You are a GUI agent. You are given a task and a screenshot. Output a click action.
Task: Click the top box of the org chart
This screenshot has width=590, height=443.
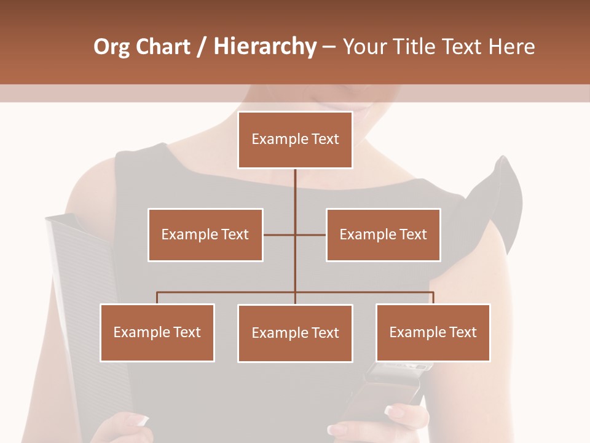pyautogui.click(x=295, y=140)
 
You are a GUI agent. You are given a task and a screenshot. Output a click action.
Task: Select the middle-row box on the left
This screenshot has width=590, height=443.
pyautogui.click(x=205, y=234)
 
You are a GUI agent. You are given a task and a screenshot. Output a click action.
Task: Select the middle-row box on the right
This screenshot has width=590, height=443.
pyautogui.click(x=383, y=234)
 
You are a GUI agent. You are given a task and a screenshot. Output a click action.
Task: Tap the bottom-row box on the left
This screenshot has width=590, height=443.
pyautogui.click(x=157, y=332)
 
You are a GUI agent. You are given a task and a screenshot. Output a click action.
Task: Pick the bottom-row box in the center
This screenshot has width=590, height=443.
pyautogui.click(x=295, y=333)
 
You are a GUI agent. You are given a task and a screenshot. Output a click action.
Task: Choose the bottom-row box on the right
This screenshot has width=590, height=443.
pyautogui.click(x=433, y=332)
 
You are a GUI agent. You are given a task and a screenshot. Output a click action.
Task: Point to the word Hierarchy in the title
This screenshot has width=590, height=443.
pyautogui.click(x=264, y=47)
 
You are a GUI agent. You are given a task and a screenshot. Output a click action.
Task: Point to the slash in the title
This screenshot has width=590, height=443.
pyautogui.click(x=202, y=47)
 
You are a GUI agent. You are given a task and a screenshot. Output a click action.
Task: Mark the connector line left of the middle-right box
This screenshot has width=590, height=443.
pyautogui.click(x=311, y=234)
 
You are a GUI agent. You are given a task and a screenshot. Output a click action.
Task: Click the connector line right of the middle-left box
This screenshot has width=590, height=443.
pyautogui.click(x=279, y=234)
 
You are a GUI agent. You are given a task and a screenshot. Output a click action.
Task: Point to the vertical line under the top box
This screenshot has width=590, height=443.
pyautogui.click(x=295, y=191)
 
